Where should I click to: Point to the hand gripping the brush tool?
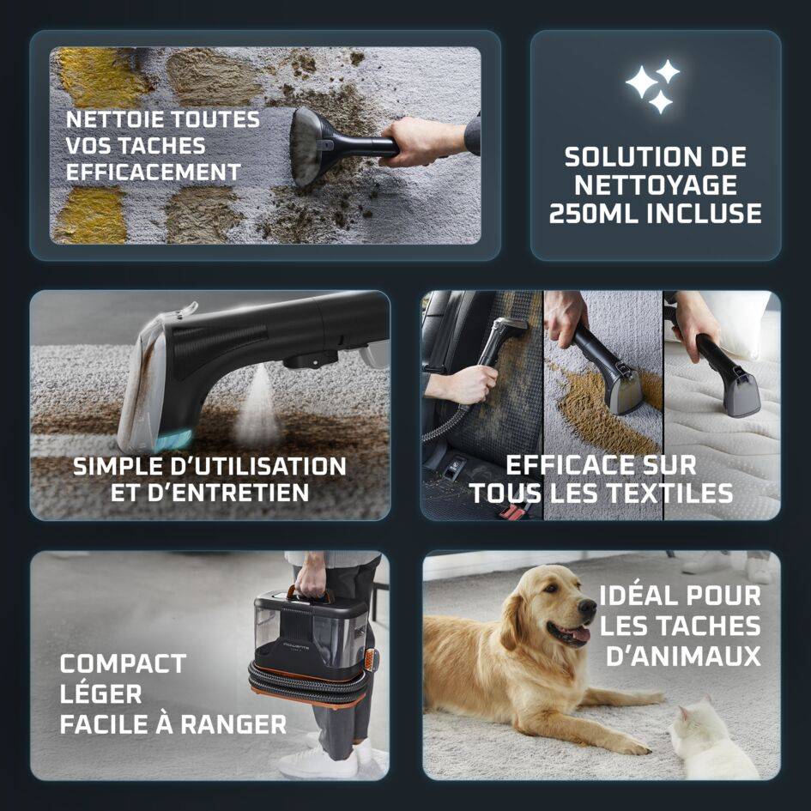[422, 140]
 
